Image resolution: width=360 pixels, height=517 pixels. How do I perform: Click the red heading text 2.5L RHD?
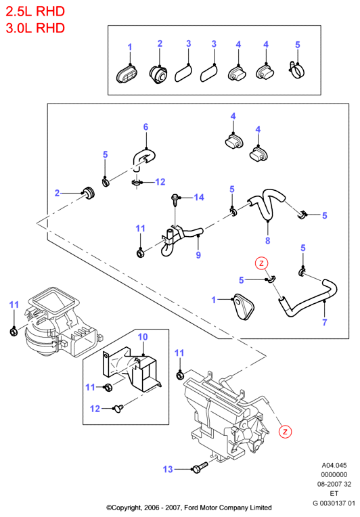click(x=35, y=12)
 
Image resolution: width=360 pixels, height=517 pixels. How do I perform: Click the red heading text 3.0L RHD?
click(x=35, y=28)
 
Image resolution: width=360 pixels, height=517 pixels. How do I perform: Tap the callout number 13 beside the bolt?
click(x=168, y=469)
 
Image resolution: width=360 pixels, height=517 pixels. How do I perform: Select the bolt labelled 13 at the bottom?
click(x=200, y=467)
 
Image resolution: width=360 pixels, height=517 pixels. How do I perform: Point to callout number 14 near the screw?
click(x=199, y=197)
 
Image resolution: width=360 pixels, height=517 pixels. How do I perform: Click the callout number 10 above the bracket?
click(x=143, y=336)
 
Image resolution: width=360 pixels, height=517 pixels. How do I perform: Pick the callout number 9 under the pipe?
click(x=198, y=255)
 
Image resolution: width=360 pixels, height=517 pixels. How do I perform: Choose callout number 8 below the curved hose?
click(x=268, y=241)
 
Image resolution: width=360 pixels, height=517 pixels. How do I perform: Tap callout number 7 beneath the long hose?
click(x=325, y=322)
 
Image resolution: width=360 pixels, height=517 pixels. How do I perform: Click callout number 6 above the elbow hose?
click(x=145, y=127)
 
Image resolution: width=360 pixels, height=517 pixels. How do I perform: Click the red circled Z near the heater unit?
click(x=285, y=431)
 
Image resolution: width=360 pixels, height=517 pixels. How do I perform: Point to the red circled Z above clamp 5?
click(x=261, y=263)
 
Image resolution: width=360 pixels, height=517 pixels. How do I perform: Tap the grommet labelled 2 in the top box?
click(x=158, y=74)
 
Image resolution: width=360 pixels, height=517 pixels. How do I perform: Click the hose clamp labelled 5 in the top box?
click(x=296, y=70)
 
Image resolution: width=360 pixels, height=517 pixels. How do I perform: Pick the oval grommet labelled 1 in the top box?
click(x=127, y=75)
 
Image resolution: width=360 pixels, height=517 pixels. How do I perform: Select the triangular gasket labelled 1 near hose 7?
click(x=244, y=307)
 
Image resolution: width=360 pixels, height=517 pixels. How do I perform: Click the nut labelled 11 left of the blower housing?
click(x=14, y=331)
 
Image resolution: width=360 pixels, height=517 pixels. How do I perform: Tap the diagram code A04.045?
click(x=334, y=466)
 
